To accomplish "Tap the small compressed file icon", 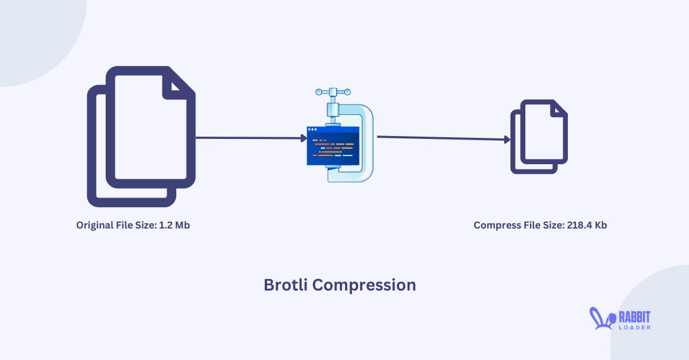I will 539,137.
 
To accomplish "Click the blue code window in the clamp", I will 333,146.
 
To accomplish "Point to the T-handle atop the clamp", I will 333,93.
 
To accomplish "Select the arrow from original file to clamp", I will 250,138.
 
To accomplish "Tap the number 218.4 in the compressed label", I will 578,226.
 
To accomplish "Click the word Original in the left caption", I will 94,226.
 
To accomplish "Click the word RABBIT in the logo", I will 634,316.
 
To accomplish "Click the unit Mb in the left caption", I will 182,226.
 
